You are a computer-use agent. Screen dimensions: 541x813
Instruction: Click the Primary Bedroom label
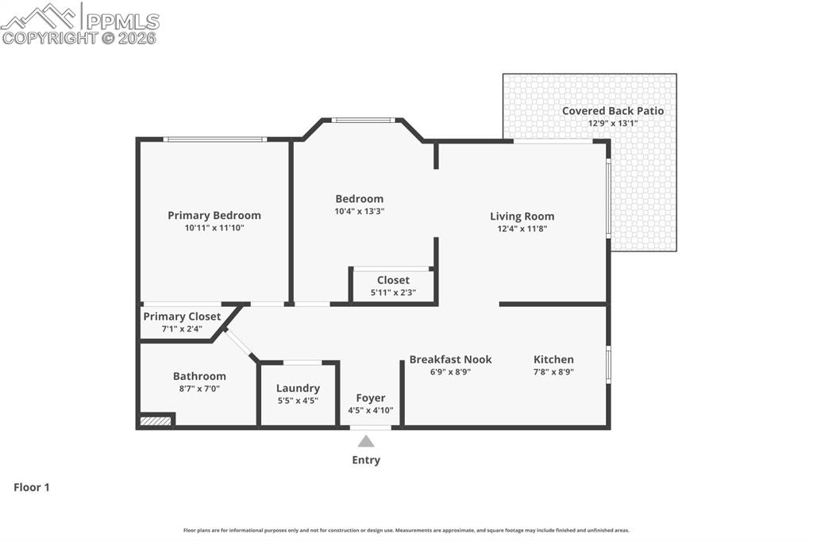(214, 215)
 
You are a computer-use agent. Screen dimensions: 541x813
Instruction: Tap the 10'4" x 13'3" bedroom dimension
(359, 212)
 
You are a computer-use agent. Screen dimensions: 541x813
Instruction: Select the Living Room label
(522, 216)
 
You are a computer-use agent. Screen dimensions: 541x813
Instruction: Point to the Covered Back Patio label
(612, 111)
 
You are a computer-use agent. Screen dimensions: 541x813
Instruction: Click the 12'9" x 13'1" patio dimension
(612, 124)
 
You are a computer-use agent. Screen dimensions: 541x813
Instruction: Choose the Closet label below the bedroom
(393, 280)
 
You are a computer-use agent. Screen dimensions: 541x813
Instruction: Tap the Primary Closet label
(182, 317)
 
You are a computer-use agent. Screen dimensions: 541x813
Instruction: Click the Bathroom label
(199, 376)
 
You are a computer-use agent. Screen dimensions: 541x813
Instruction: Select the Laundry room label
(298, 388)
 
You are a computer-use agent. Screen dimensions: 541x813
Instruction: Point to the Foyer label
(370, 397)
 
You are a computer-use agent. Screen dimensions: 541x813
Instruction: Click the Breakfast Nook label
(450, 359)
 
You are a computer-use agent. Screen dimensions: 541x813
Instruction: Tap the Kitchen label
(553, 359)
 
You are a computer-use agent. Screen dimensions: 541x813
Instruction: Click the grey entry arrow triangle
(366, 442)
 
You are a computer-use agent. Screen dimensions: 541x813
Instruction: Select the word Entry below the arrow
(366, 460)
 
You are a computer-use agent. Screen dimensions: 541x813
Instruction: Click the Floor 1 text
(32, 487)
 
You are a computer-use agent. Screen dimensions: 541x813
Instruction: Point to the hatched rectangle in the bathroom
(156, 420)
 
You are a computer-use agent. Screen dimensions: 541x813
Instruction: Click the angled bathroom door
(239, 343)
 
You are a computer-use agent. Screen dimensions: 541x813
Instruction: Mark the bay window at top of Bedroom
(363, 121)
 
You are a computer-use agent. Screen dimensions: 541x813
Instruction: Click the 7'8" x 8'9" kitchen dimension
(553, 371)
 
